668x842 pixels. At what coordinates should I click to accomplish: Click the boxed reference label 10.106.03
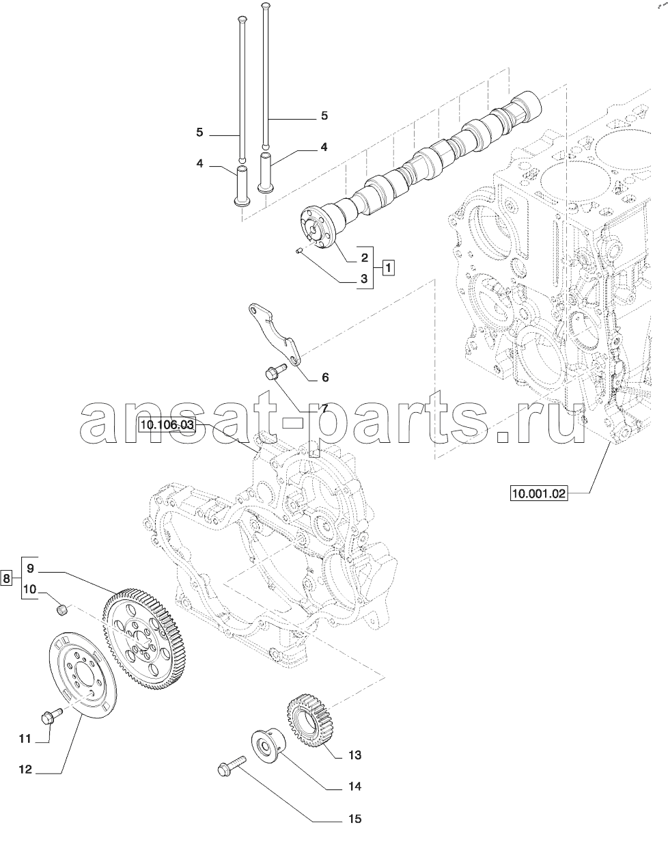pyautogui.click(x=167, y=424)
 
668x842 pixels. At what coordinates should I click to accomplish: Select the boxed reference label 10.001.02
pyautogui.click(x=538, y=493)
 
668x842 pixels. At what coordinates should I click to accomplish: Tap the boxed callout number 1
pyautogui.click(x=388, y=268)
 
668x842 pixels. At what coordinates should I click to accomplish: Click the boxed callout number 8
pyautogui.click(x=6, y=578)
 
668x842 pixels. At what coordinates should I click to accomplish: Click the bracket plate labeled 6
pyautogui.click(x=275, y=333)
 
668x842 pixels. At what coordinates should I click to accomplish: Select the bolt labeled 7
pyautogui.click(x=275, y=370)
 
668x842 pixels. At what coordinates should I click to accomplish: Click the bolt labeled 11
pyautogui.click(x=51, y=716)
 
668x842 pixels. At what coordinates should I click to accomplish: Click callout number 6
pyautogui.click(x=325, y=377)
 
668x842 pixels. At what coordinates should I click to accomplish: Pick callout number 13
pyautogui.click(x=354, y=755)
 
